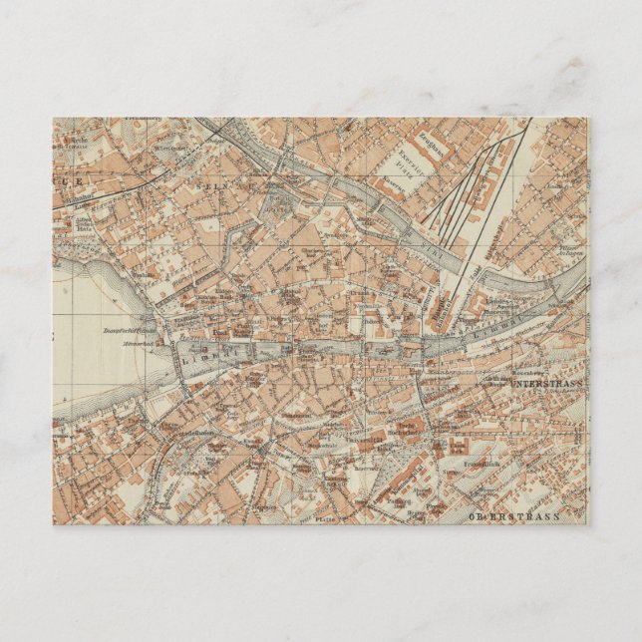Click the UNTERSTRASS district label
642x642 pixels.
click(549, 383)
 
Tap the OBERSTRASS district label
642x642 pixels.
click(514, 516)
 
